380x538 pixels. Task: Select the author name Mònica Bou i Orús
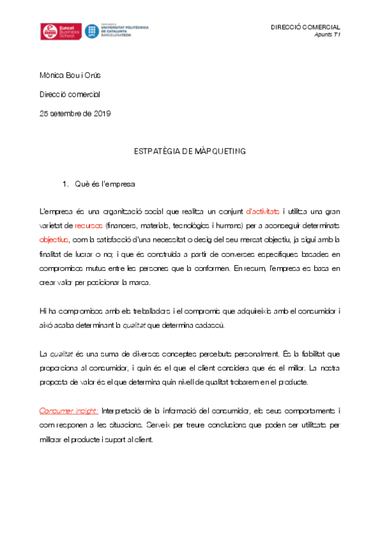tap(70, 76)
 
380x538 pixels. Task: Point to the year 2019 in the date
tap(102, 114)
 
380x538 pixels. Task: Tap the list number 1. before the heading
tap(65, 185)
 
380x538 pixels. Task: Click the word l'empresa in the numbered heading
tap(117, 185)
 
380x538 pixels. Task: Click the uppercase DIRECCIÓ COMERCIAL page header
tap(305, 27)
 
